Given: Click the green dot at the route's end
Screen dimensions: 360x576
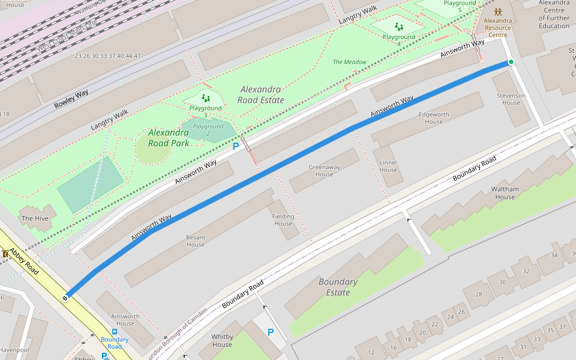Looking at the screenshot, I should [x=511, y=62].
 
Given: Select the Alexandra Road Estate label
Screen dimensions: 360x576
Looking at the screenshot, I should [x=260, y=95].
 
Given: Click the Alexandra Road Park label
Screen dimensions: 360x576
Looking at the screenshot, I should [x=169, y=137].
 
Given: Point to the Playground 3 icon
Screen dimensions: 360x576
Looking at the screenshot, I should [x=205, y=98].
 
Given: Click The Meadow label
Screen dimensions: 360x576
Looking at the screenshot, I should [x=349, y=62].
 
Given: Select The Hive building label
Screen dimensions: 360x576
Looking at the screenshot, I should [x=35, y=218].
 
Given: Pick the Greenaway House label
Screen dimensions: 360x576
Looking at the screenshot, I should [x=324, y=170].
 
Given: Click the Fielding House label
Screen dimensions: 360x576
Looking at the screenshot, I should [x=283, y=220].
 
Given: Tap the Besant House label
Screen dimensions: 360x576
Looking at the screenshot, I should [x=196, y=241].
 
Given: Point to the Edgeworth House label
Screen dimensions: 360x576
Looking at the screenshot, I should [x=434, y=118].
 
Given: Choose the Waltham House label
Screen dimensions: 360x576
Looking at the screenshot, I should [x=505, y=193].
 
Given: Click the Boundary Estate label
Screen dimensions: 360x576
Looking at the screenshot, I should [x=338, y=287].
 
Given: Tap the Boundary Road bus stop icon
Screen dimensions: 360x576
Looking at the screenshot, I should [x=114, y=331].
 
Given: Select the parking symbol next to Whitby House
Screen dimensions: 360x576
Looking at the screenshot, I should [x=270, y=332].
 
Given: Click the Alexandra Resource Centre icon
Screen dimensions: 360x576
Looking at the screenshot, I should [x=497, y=12].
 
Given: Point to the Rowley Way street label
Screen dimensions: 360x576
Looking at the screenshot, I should [x=71, y=99].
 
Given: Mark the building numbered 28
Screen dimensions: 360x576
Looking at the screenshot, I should [x=478, y=294].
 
